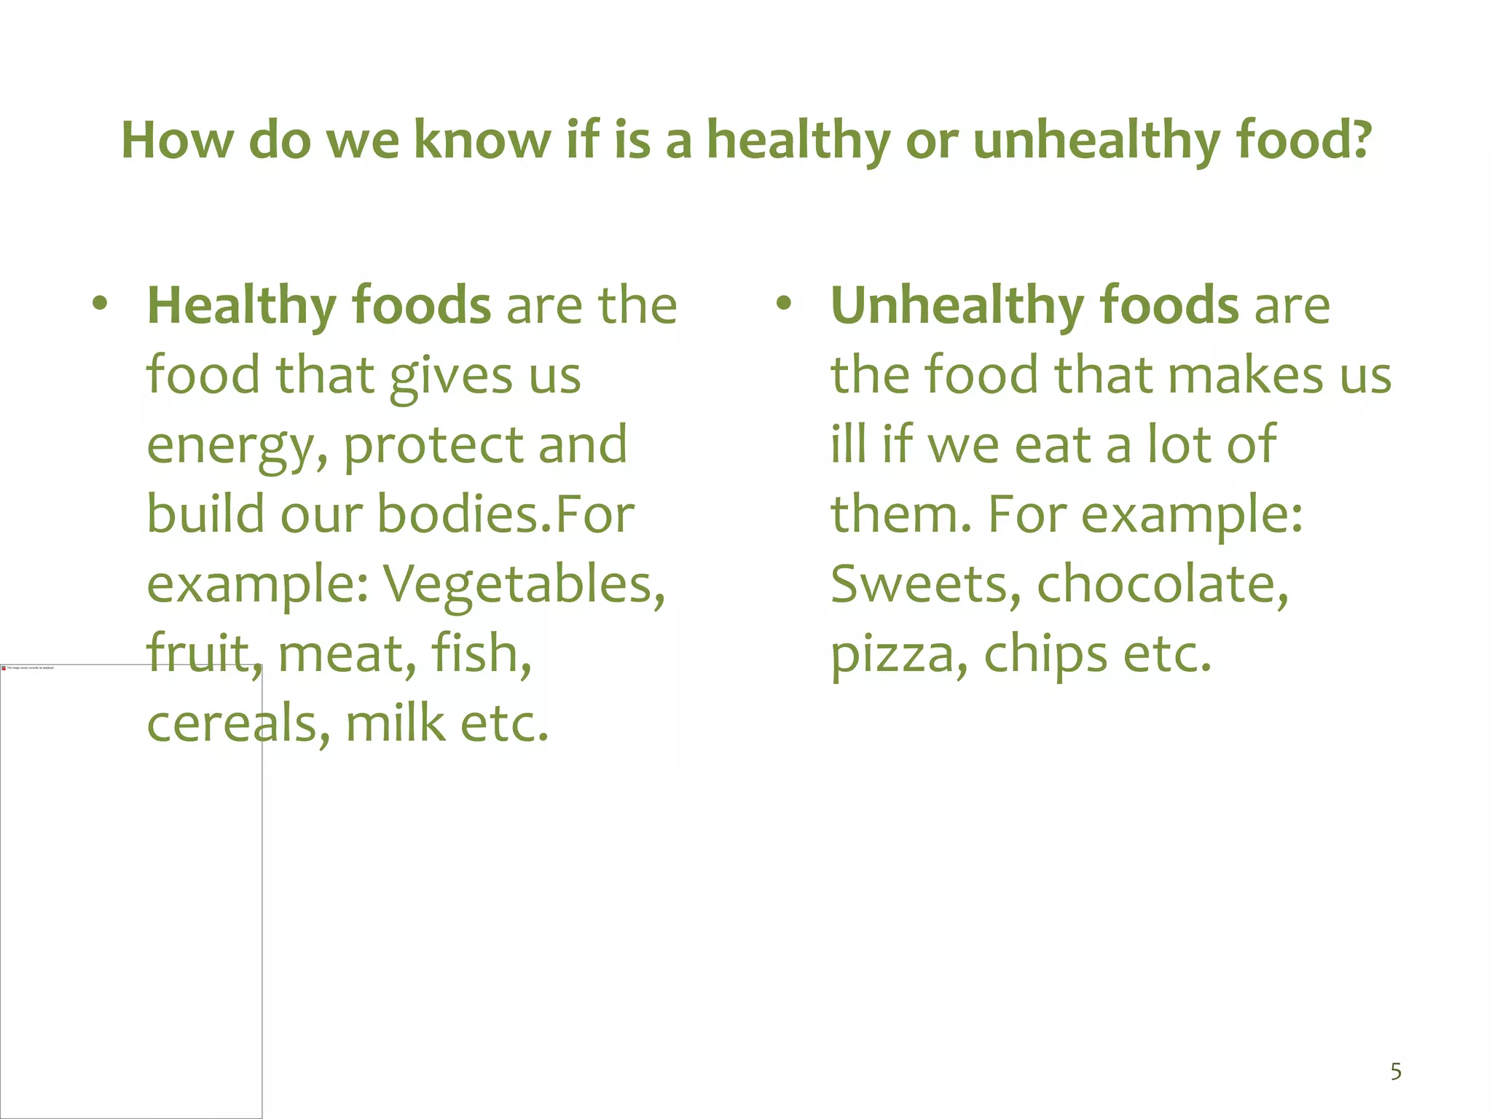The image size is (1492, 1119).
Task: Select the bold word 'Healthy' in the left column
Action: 241,306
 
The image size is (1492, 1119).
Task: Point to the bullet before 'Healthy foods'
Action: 101,303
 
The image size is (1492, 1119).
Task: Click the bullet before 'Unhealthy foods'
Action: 783,303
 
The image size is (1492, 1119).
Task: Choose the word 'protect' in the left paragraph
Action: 433,446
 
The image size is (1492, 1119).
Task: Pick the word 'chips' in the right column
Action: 1045,655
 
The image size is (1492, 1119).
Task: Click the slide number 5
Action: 1396,1072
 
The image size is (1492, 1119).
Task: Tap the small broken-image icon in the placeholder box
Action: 4,667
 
